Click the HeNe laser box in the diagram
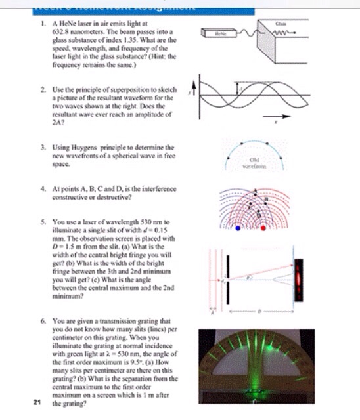pos(220,32)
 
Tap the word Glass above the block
pos(280,22)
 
